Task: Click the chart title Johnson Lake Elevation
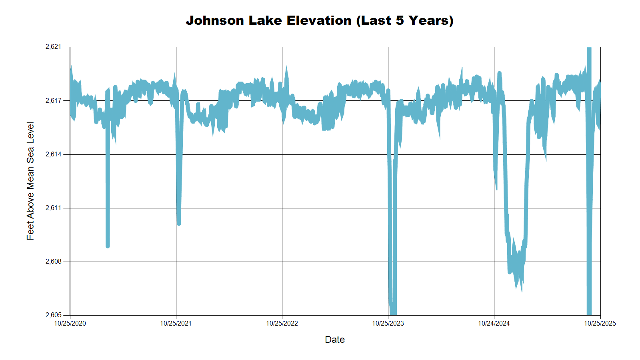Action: [319, 20]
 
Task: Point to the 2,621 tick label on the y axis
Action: [54, 47]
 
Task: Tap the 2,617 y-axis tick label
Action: [54, 100]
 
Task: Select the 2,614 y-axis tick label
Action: [54, 154]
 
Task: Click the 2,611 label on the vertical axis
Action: [54, 208]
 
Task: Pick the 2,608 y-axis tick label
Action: [54, 262]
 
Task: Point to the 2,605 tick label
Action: [54, 315]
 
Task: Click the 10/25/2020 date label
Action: [70, 323]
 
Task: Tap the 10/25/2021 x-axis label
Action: [176, 323]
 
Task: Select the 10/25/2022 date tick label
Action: [282, 323]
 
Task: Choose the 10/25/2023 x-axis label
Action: [388, 323]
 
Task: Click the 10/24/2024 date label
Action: [494, 323]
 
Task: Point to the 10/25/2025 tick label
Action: [600, 323]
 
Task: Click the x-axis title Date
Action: [335, 340]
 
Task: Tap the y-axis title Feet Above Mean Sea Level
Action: [30, 181]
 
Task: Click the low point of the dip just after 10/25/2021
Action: [179, 223]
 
